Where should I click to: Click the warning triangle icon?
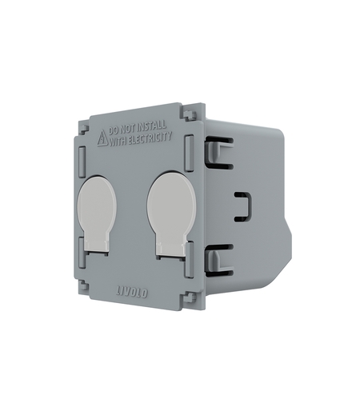coord(102,139)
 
